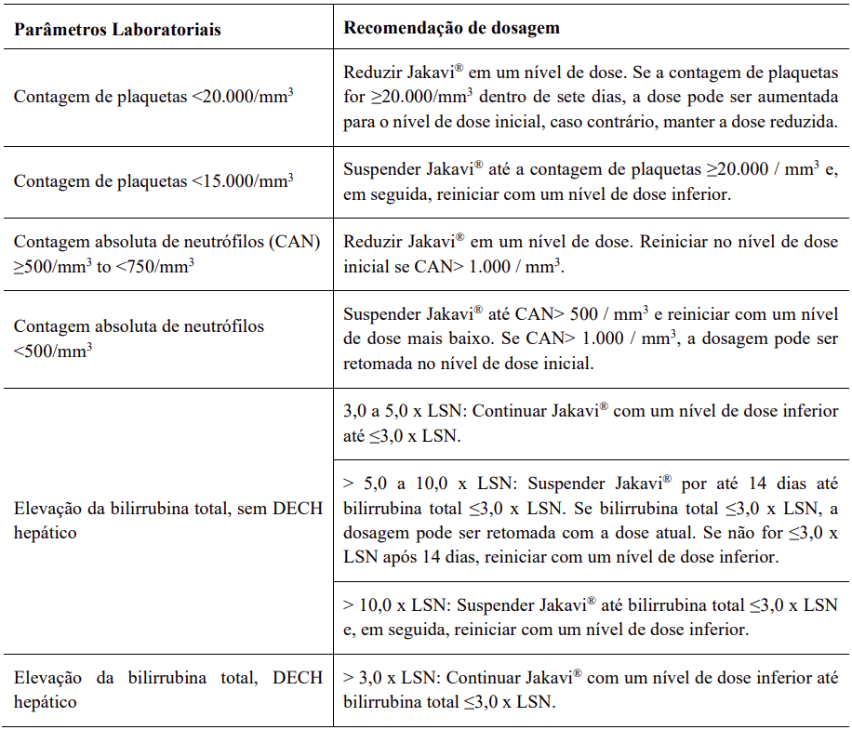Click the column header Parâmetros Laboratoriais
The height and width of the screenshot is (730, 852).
click(117, 29)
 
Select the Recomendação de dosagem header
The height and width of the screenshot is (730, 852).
click(452, 27)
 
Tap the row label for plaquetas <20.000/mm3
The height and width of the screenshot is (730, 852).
click(154, 97)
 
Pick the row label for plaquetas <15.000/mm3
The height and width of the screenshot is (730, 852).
click(154, 180)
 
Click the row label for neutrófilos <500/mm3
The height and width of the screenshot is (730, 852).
click(139, 338)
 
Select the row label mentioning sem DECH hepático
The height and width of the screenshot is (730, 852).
click(167, 521)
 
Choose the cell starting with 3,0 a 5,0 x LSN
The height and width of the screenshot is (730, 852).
click(591, 422)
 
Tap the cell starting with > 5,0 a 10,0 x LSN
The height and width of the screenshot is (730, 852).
click(591, 521)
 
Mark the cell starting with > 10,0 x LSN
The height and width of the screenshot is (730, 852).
click(591, 617)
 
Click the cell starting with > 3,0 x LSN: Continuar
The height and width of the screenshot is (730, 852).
click(591, 688)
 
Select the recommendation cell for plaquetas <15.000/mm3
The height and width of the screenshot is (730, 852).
click(591, 180)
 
